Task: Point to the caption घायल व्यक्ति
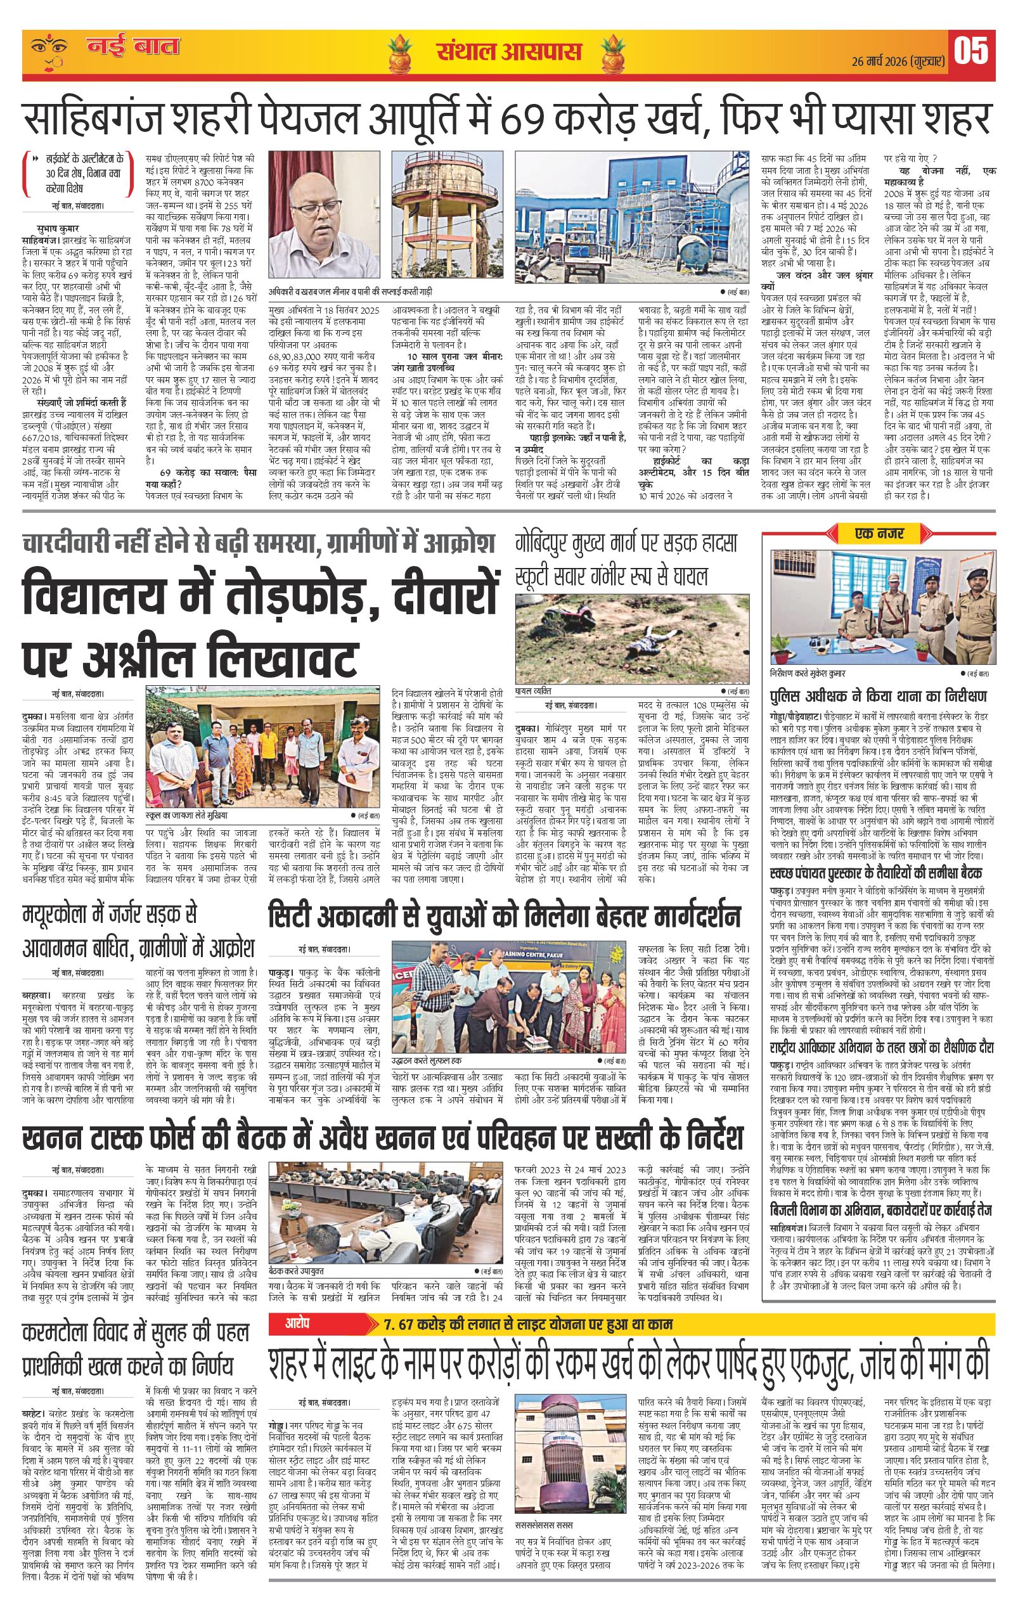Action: (534, 690)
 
